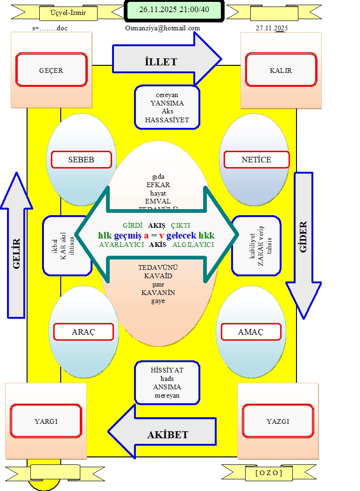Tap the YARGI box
(46, 421)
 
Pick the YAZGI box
(278, 421)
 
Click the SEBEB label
(81, 160)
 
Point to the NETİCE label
(256, 160)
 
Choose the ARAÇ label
(84, 332)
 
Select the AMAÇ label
(251, 332)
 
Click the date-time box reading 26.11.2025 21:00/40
(174, 10)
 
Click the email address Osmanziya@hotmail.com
(162, 28)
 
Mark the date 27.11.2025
(272, 28)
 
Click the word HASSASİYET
(167, 120)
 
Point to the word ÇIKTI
(180, 225)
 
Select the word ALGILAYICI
(193, 245)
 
